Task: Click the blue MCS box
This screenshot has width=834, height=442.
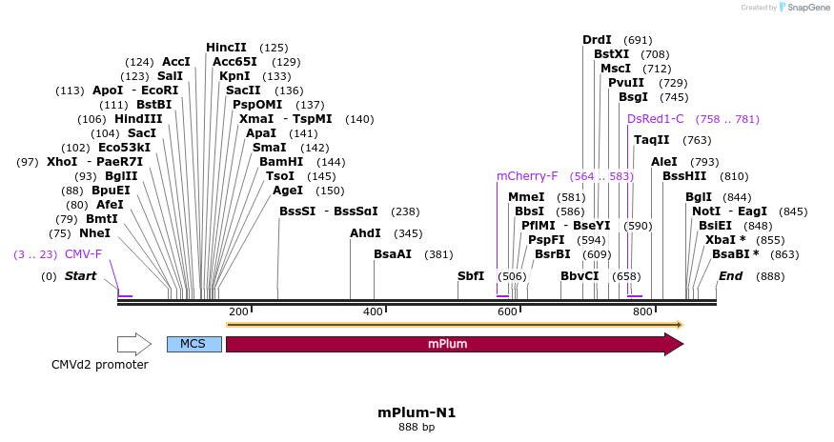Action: (193, 344)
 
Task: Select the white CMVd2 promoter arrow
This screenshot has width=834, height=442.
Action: (134, 344)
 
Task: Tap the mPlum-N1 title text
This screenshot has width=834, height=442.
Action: (417, 412)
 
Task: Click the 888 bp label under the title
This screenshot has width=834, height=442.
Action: (417, 428)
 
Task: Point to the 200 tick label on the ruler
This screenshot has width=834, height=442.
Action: (238, 311)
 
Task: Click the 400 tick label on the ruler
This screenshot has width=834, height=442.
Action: (374, 311)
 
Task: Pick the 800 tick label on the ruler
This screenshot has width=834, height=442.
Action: (642, 311)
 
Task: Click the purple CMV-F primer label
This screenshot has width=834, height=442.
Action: (83, 253)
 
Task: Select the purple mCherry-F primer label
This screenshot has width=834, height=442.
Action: (527, 176)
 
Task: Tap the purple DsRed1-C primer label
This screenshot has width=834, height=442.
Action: (656, 119)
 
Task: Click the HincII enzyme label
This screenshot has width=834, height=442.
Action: (226, 47)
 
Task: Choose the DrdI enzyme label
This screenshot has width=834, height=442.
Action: (597, 39)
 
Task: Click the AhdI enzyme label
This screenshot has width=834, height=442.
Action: (365, 232)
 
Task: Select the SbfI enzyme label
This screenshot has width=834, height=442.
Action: (471, 275)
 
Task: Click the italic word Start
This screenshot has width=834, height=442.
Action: (81, 276)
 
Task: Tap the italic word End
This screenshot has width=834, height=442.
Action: (730, 276)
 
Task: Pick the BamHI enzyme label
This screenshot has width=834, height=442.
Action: (281, 162)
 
